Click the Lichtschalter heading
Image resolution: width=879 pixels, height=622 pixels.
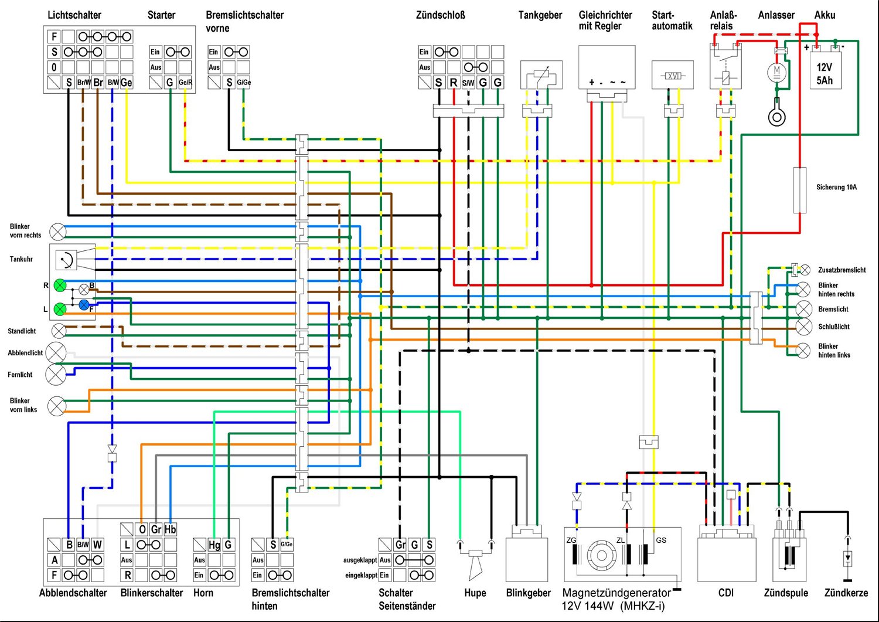pos(74,15)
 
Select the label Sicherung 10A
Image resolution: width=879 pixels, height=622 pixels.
pos(836,188)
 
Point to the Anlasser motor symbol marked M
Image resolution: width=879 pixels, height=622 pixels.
pos(777,72)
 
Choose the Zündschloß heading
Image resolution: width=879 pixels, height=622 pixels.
pos(440,15)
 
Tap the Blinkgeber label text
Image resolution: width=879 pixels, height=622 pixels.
pos(528,593)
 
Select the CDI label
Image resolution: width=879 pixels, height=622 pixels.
pos(725,593)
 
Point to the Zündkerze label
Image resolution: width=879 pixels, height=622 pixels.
pos(846,593)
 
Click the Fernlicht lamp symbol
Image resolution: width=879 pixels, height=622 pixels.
pos(56,375)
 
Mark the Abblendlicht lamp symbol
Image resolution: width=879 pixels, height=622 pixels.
pos(56,353)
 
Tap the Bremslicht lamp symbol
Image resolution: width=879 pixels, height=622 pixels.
pos(803,309)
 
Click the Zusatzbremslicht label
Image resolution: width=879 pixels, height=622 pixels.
pos(841,270)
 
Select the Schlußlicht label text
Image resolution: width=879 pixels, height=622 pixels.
pos(833,327)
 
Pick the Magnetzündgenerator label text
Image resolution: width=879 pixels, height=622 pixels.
pos(616,593)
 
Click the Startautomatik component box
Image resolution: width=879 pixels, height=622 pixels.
pos(672,76)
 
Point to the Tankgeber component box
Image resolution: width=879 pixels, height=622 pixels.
pos(541,76)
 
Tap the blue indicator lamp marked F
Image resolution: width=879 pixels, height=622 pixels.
pos(84,304)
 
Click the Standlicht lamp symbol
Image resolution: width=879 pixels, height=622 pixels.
pos(59,331)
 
